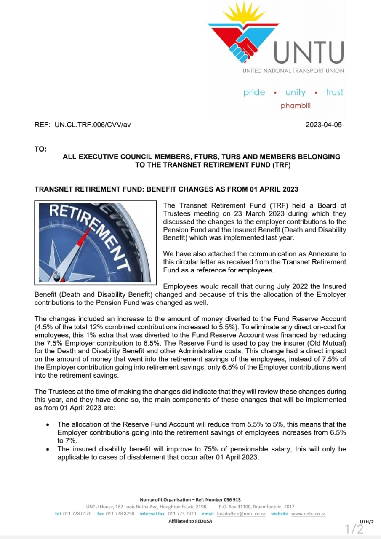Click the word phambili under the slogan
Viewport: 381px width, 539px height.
tap(296, 106)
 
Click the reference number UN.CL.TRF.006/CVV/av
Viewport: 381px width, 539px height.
tap(93, 125)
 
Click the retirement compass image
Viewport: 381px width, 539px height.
tap(96, 242)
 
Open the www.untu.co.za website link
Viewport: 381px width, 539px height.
tap(308, 514)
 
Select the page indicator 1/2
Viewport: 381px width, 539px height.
tap(354, 528)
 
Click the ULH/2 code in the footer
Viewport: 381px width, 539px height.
tap(367, 522)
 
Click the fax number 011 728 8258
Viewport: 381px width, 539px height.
tap(120, 514)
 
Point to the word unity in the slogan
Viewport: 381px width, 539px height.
tap(296, 92)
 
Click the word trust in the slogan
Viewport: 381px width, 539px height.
tap(335, 92)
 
